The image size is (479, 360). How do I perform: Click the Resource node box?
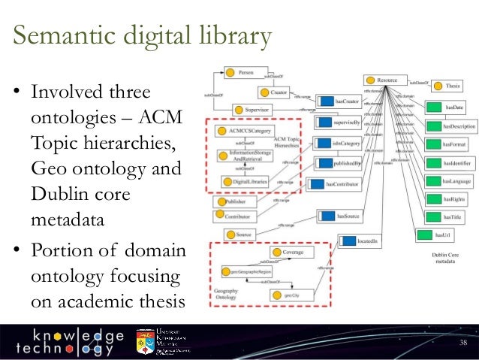[382, 79]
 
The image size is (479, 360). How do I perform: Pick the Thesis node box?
[447, 86]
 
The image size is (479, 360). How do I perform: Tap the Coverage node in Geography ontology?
[288, 253]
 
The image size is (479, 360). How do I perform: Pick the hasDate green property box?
[448, 108]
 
